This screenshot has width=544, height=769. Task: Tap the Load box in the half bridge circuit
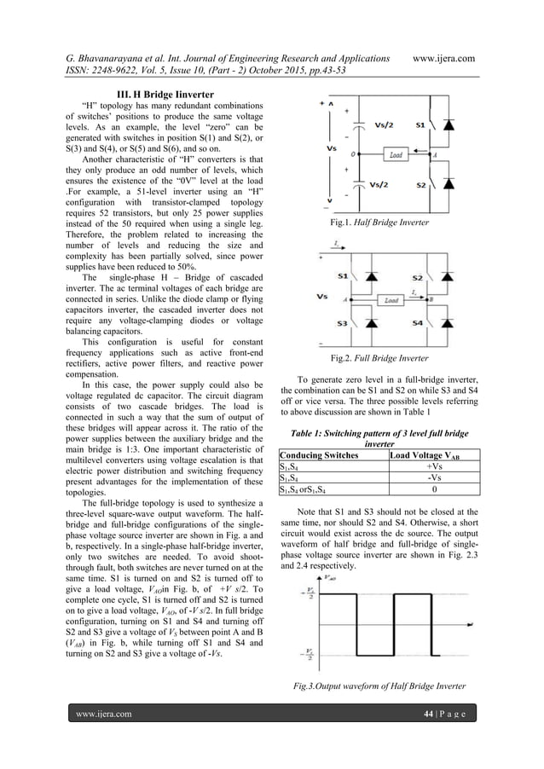pyautogui.click(x=396, y=156)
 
